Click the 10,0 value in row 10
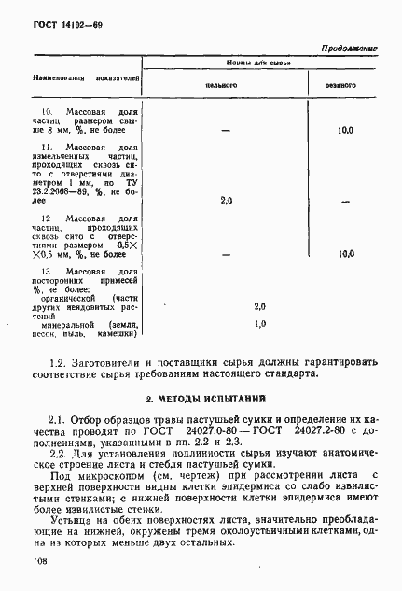pyautogui.click(x=345, y=130)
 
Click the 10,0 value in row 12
pyautogui.click(x=346, y=252)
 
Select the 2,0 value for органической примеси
pyautogui.click(x=259, y=305)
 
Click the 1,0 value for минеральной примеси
pyautogui.click(x=259, y=323)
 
